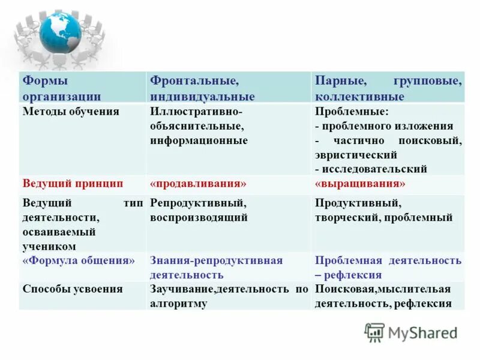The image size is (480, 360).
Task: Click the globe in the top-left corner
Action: click(x=60, y=34)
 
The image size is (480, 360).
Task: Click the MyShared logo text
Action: click(x=423, y=332)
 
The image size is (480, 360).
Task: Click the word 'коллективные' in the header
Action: click(x=359, y=97)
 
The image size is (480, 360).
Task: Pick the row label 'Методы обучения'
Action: click(x=71, y=112)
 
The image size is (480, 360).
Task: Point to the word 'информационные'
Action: click(x=199, y=140)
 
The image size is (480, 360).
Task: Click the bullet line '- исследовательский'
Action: click(x=371, y=169)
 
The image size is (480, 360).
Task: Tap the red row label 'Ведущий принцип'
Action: click(x=73, y=184)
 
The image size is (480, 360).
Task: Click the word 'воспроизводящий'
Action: click(x=199, y=218)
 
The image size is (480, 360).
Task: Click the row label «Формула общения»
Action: click(x=79, y=260)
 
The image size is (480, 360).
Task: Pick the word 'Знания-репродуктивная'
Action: click(x=216, y=260)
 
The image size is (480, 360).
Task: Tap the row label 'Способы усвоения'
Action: click(x=73, y=289)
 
